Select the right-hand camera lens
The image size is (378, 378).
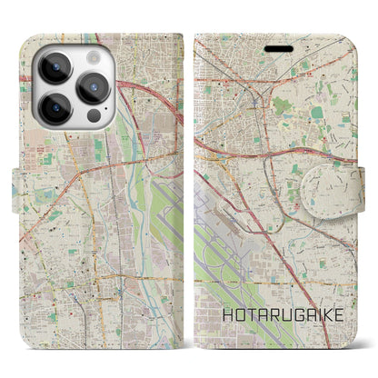pyautogui.click(x=94, y=87)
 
